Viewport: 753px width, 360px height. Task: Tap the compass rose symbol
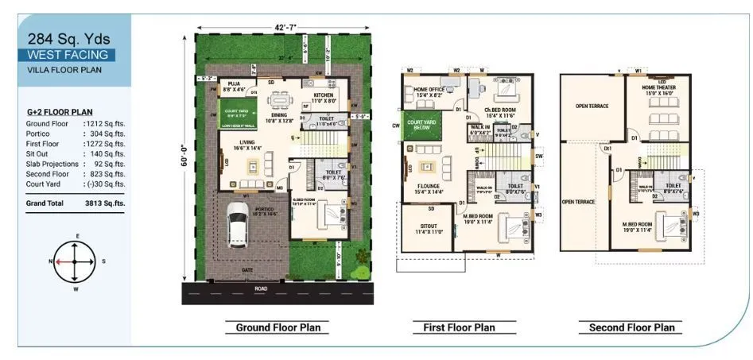click(75, 261)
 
